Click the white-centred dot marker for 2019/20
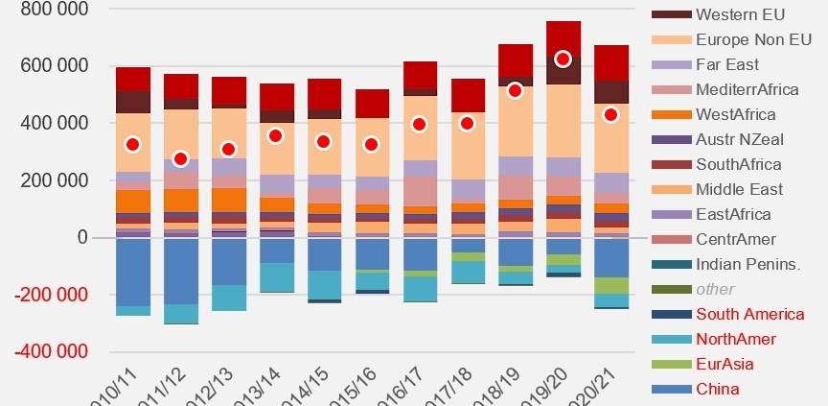[x=563, y=60]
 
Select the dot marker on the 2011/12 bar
[x=180, y=158]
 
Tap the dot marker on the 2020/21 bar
[x=610, y=114]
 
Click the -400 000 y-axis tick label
[x=46, y=350]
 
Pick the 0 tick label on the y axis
[x=82, y=237]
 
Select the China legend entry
[x=719, y=388]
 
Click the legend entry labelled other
[x=717, y=288]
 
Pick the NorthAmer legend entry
[x=735, y=338]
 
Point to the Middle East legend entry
[x=740, y=189]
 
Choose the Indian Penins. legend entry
[x=748, y=264]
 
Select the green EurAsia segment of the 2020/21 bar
[x=610, y=285]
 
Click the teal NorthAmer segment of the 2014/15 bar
[x=324, y=284]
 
